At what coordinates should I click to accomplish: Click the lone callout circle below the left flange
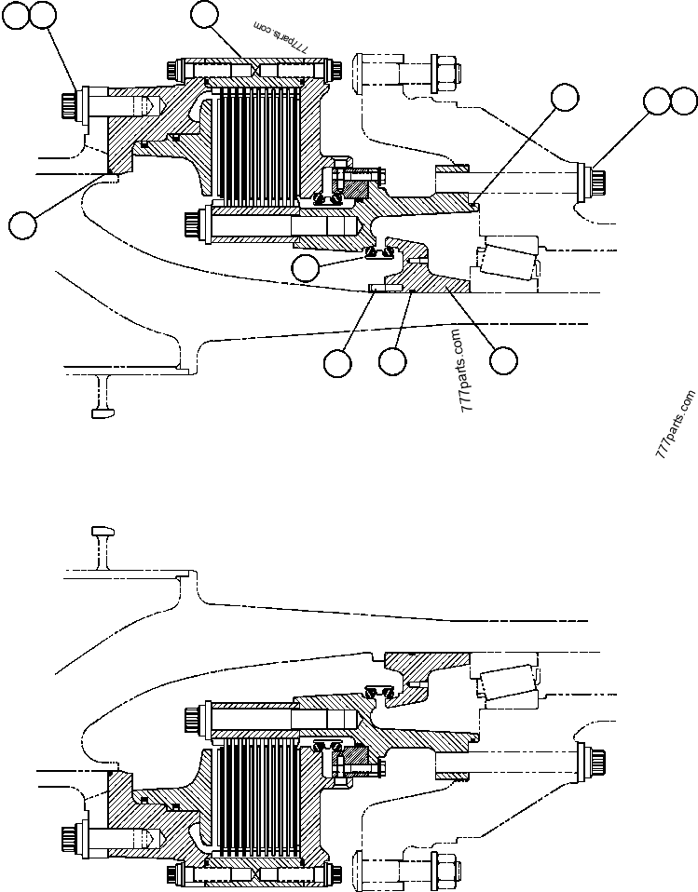21,223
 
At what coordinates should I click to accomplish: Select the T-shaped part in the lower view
101,537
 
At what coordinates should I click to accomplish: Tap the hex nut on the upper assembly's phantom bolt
444,69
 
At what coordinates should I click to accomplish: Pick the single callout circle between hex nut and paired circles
563,97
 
